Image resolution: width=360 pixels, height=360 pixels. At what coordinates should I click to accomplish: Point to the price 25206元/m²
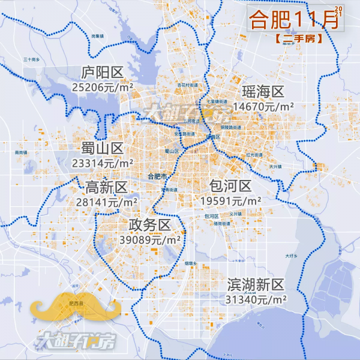[x=102, y=87]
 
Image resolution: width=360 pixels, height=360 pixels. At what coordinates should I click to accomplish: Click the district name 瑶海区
[x=262, y=92]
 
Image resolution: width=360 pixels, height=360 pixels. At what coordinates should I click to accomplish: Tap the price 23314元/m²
[x=103, y=163]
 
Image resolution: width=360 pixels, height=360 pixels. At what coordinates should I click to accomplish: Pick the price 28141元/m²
[x=107, y=202]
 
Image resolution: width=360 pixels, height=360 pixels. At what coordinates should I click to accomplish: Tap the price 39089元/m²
[x=150, y=239]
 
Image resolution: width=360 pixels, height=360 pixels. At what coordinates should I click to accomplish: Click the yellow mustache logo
[x=77, y=305]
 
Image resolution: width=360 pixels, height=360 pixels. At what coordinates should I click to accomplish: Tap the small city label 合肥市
[x=157, y=176]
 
